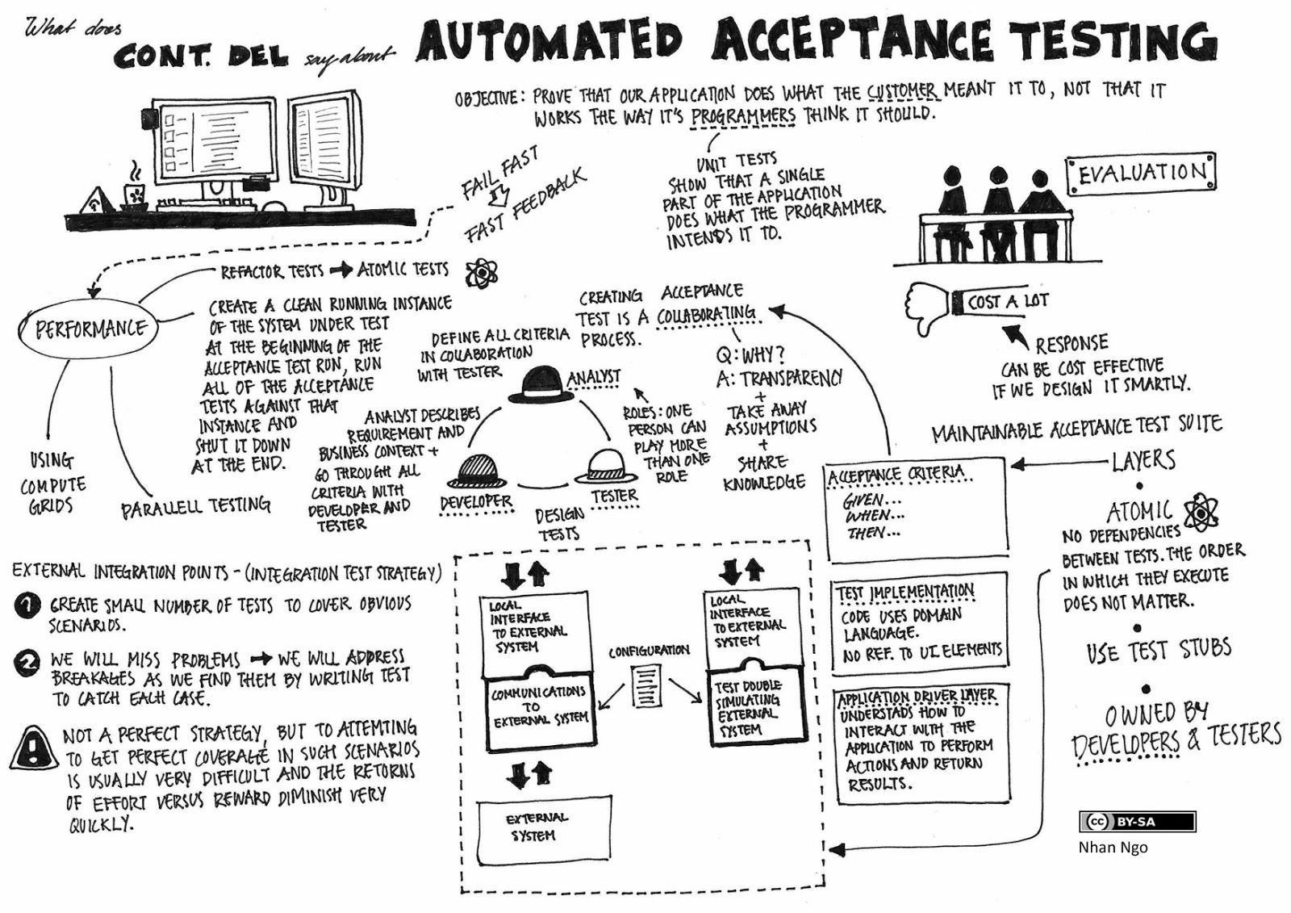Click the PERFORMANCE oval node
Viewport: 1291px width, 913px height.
coord(90,329)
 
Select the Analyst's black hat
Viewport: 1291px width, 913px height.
coord(537,386)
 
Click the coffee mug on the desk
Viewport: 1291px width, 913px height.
coord(134,192)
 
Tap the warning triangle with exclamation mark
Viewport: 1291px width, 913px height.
coord(33,748)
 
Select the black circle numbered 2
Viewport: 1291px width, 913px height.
coord(27,663)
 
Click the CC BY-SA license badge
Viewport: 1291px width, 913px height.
coord(1136,822)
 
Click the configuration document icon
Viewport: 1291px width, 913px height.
coord(646,685)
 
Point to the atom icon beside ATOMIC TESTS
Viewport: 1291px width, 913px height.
coord(482,274)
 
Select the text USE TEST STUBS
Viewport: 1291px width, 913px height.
coord(1159,651)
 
